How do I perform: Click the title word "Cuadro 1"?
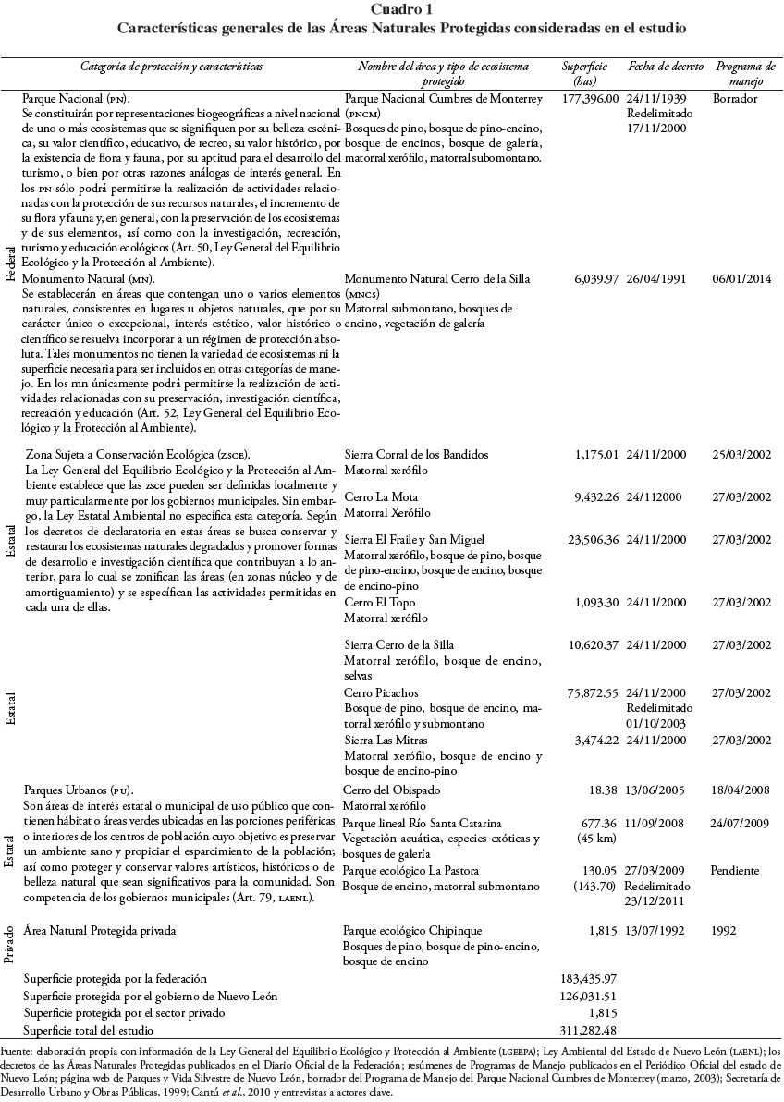[391, 9]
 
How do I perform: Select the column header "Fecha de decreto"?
[666, 67]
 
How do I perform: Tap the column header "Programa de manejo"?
[745, 74]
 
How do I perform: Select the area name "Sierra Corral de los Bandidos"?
[416, 455]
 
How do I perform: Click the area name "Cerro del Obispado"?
[392, 790]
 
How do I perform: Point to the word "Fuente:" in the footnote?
[18, 1051]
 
